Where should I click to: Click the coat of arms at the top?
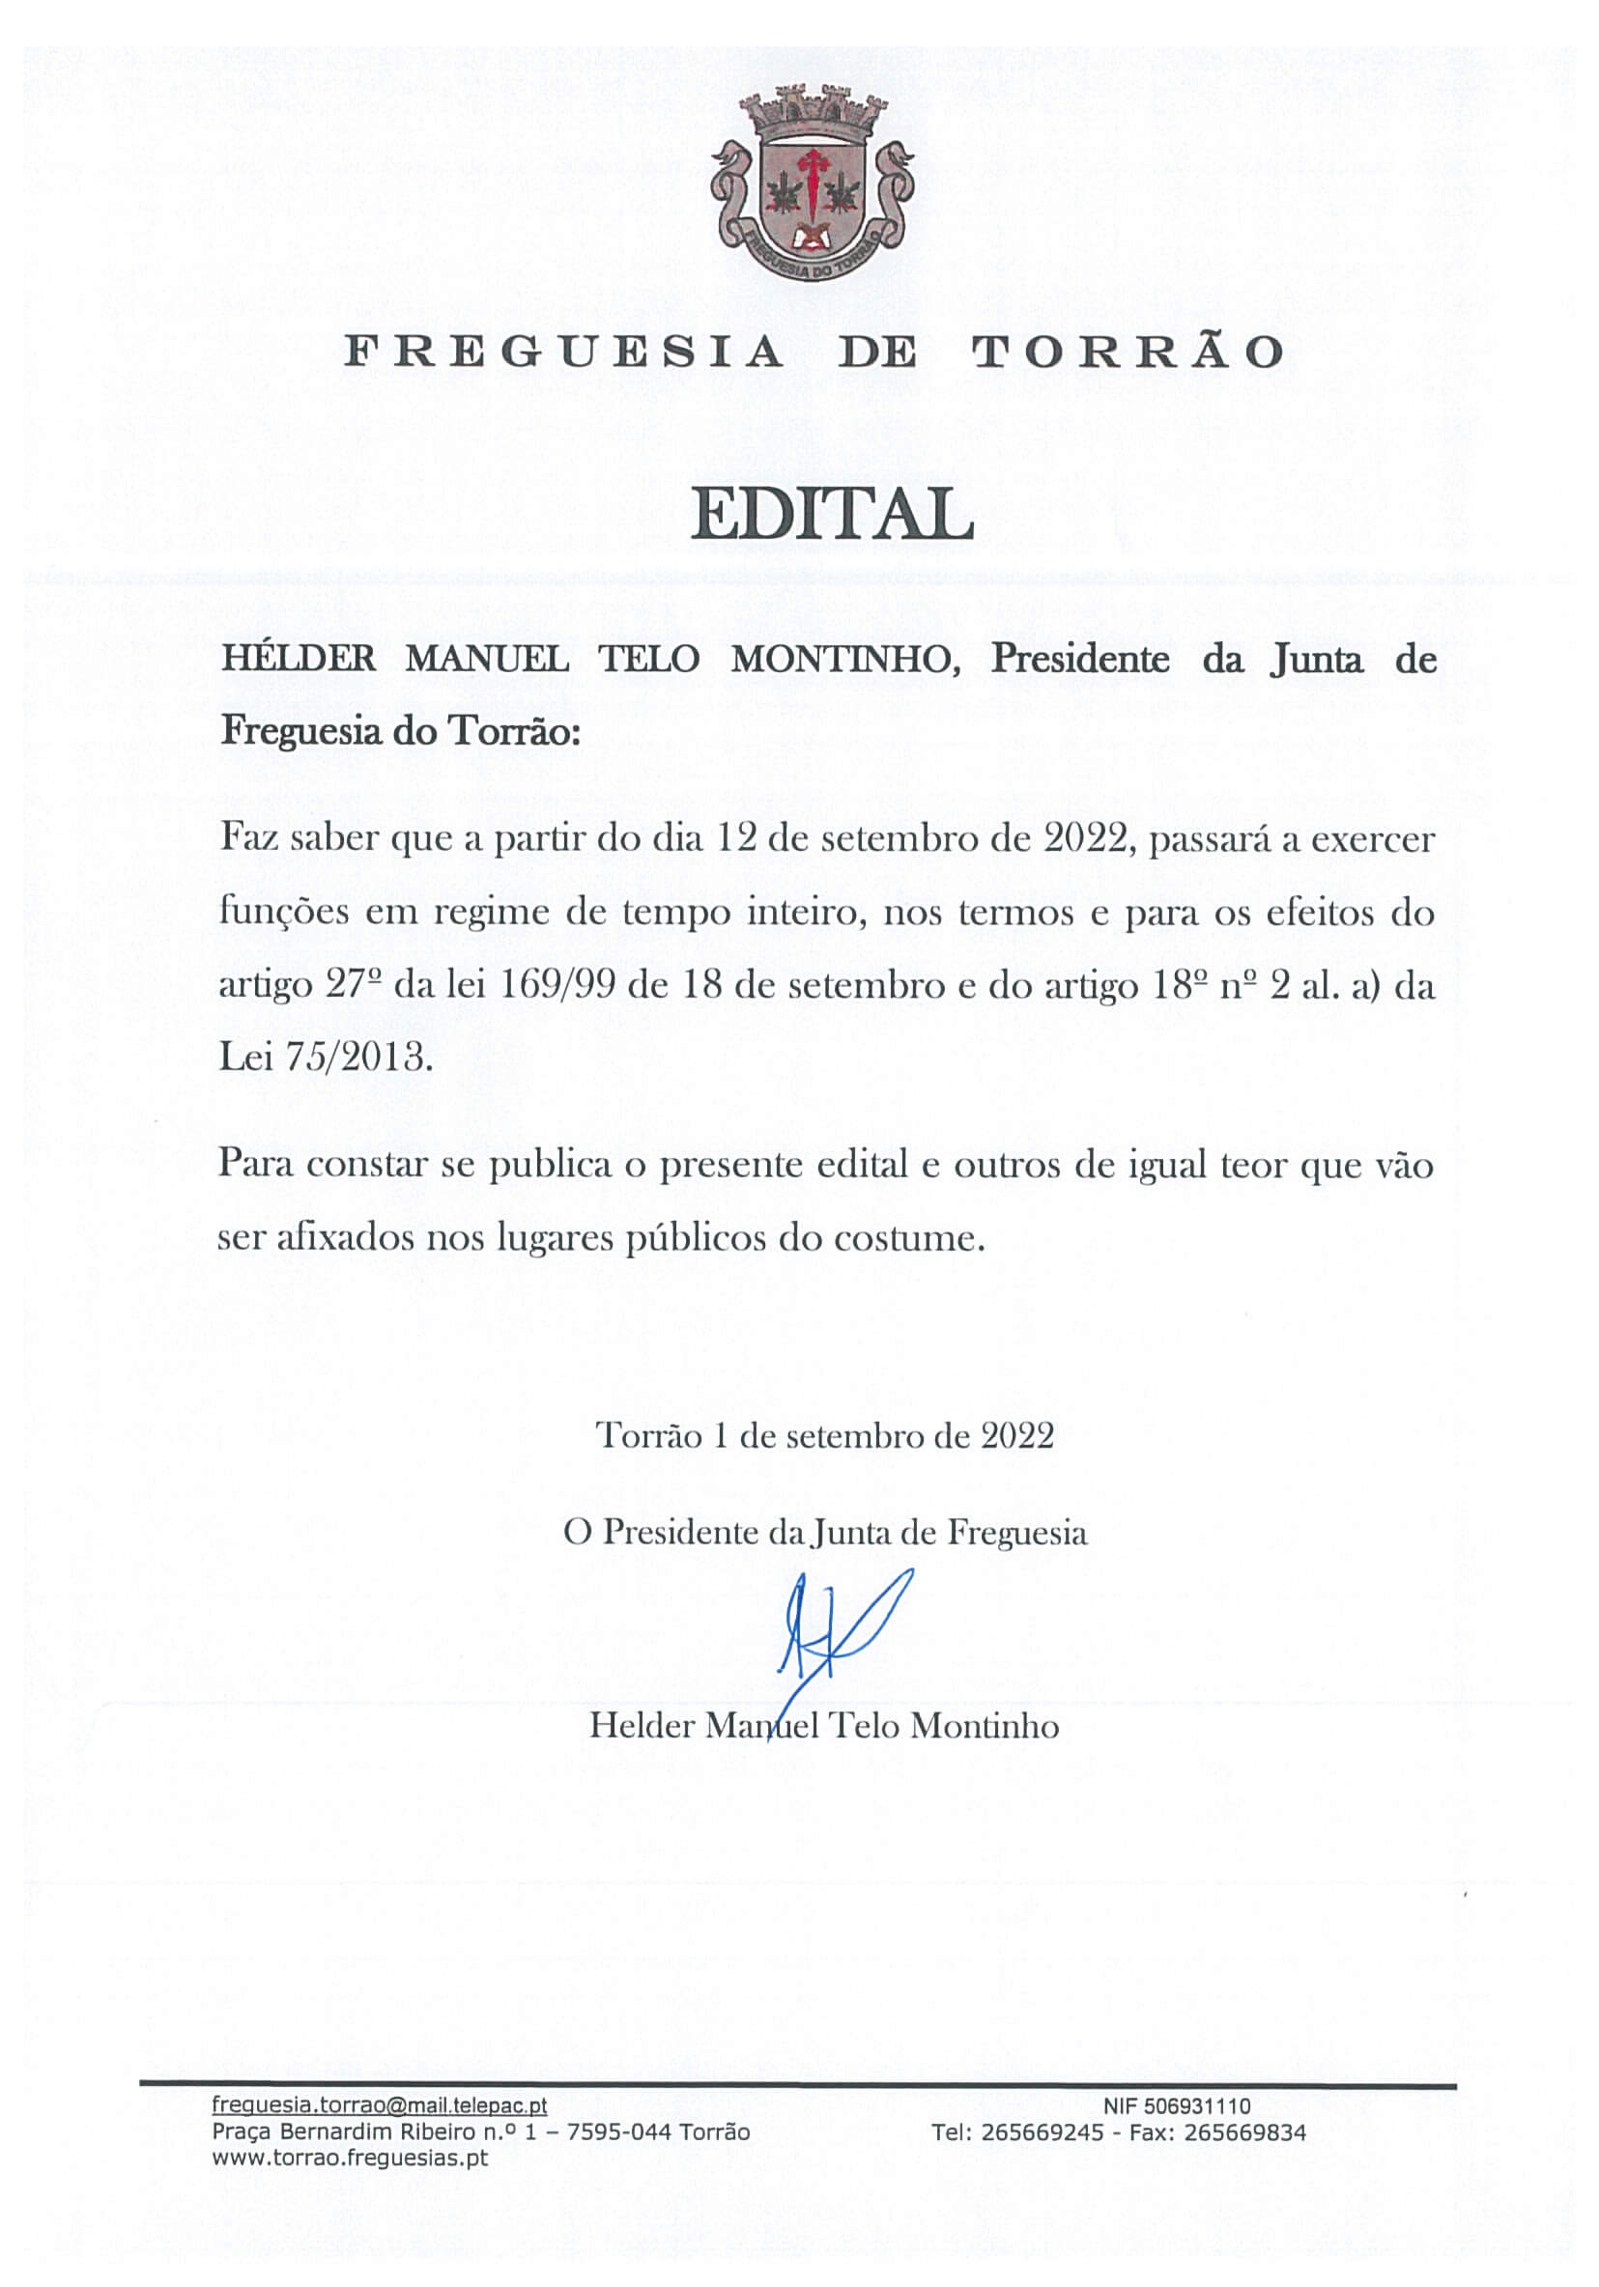[x=812, y=184]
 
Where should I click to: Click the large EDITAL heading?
[x=832, y=515]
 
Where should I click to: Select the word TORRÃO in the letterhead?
[x=1128, y=353]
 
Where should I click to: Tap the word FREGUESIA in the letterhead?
[x=563, y=353]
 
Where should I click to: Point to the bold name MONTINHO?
[x=845, y=660]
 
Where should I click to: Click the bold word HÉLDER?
[x=299, y=660]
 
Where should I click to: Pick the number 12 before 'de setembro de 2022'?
[x=737, y=837]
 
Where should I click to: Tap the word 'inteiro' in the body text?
[x=802, y=913]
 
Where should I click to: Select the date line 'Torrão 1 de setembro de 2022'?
[x=825, y=1435]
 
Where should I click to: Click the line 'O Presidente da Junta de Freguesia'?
[x=825, y=1532]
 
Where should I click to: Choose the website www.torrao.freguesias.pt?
[x=350, y=2159]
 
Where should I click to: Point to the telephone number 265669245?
[x=1042, y=2132]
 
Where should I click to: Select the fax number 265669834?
[x=1245, y=2132]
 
